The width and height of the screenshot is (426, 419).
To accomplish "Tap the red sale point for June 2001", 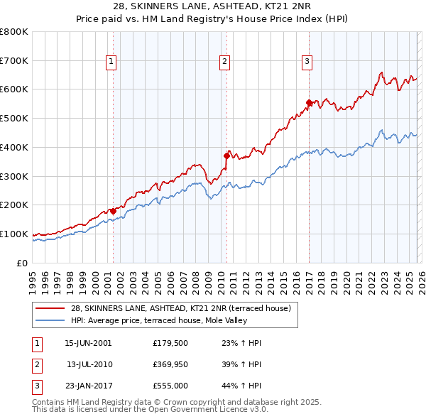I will (113, 210).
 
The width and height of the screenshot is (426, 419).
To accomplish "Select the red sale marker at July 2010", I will (226, 155).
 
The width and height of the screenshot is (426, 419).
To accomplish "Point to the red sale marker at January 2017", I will (309, 102).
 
